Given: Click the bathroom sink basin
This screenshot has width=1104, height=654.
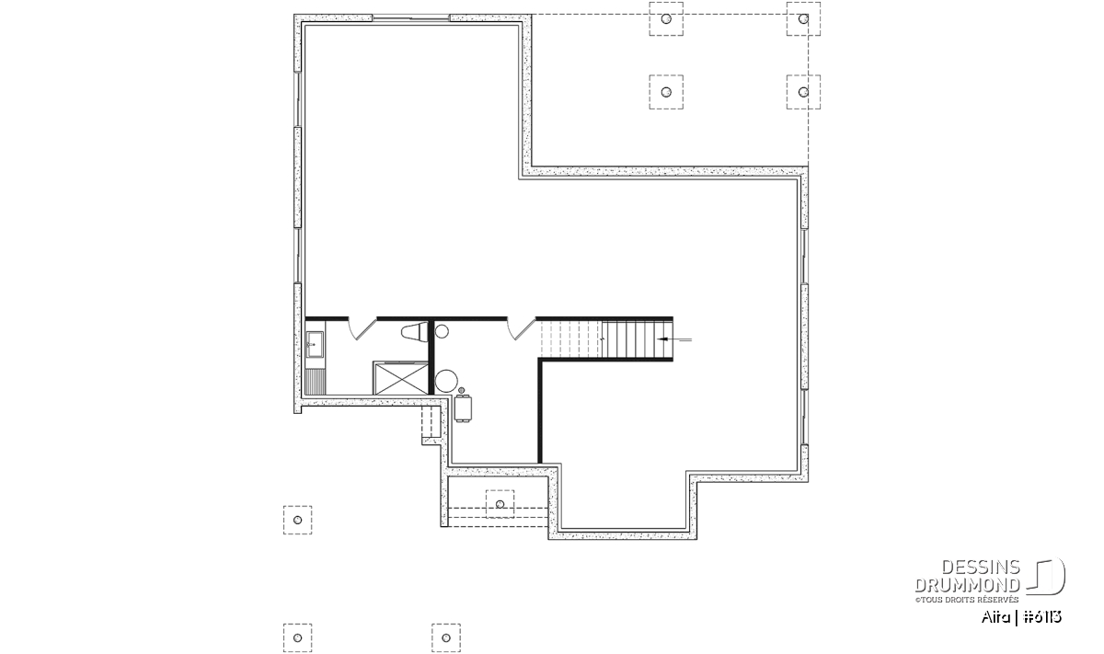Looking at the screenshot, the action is tap(315, 344).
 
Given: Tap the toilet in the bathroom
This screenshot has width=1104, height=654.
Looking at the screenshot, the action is tap(415, 332).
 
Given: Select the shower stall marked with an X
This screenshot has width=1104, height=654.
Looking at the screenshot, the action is tap(401, 378).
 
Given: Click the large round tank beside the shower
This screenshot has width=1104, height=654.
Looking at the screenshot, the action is tap(446, 381).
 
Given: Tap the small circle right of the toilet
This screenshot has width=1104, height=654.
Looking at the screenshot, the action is tap(442, 332).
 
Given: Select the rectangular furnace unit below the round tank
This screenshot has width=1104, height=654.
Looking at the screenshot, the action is tap(464, 408).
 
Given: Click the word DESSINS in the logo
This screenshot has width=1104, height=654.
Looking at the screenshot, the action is tap(981, 568).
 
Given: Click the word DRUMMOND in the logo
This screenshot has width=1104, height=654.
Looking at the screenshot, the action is tap(967, 585).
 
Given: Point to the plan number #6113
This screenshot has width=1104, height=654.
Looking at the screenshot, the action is tap(1042, 617).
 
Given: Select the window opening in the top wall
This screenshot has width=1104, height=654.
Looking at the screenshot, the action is tap(411, 18).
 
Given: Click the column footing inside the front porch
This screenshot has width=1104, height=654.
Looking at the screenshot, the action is tap(500, 504).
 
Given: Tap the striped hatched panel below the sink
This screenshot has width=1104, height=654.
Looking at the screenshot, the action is tap(316, 383).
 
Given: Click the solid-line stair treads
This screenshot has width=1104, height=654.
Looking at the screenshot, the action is tap(637, 339).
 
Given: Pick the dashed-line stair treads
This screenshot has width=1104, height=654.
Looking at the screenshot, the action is tap(571, 339).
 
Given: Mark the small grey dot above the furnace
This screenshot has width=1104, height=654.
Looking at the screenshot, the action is tap(461, 390).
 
